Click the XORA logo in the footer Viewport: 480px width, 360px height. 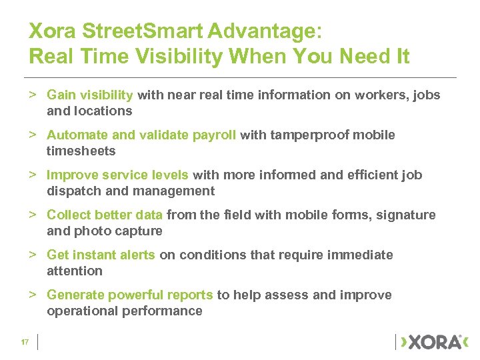pyautogui.click(x=431, y=342)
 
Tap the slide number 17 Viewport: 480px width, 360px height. pyautogui.click(x=24, y=342)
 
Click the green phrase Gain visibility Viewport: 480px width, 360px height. pyautogui.click(x=90, y=95)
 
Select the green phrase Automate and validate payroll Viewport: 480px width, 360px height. pyautogui.click(x=141, y=135)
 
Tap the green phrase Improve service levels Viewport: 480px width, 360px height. pyautogui.click(x=119, y=175)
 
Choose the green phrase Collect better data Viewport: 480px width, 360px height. pyautogui.click(x=105, y=215)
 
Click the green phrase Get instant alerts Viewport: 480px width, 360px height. pyautogui.click(x=101, y=255)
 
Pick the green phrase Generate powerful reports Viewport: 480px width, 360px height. pyautogui.click(x=130, y=295)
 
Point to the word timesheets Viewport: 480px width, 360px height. pyautogui.click(x=81, y=151)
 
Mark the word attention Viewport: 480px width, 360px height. pyautogui.click(x=75, y=271)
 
